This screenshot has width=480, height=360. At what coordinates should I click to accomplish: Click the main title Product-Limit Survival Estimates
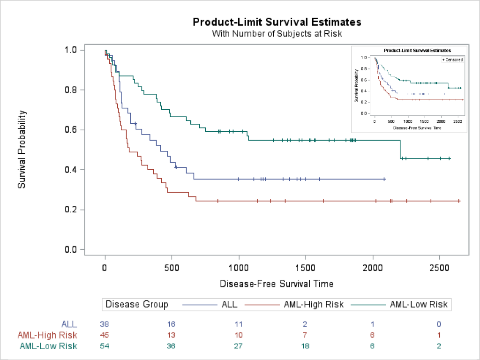pyautogui.click(x=277, y=22)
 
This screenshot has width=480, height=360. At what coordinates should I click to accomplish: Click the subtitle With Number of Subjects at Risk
pyautogui.click(x=277, y=34)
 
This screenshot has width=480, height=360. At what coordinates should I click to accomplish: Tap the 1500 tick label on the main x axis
pyautogui.click(x=306, y=269)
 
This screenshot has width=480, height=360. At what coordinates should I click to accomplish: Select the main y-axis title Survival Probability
pyautogui.click(x=22, y=150)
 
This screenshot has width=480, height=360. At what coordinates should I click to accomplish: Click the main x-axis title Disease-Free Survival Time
pyautogui.click(x=277, y=284)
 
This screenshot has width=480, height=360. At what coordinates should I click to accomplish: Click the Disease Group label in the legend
pyautogui.click(x=137, y=305)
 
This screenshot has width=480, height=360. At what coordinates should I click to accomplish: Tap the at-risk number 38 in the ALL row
pyautogui.click(x=105, y=323)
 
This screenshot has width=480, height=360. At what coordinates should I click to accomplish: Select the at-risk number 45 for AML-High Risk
pyautogui.click(x=105, y=335)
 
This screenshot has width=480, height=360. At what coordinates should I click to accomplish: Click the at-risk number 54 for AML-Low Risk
pyautogui.click(x=105, y=346)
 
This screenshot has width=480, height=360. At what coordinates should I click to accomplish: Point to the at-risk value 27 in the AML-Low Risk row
pyautogui.click(x=239, y=346)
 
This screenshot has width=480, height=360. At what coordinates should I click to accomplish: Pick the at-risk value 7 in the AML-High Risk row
pyautogui.click(x=306, y=335)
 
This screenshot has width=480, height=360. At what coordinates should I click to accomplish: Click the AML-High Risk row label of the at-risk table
pyautogui.click(x=47, y=335)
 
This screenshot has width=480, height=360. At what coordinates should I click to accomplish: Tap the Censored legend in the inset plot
pyautogui.click(x=452, y=60)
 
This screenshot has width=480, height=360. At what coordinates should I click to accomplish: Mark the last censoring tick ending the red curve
pyautogui.click(x=459, y=201)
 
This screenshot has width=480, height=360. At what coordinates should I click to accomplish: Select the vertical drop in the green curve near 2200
pyautogui.click(x=400, y=149)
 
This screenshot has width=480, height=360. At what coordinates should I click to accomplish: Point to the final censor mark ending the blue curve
pyautogui.click(x=384, y=179)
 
